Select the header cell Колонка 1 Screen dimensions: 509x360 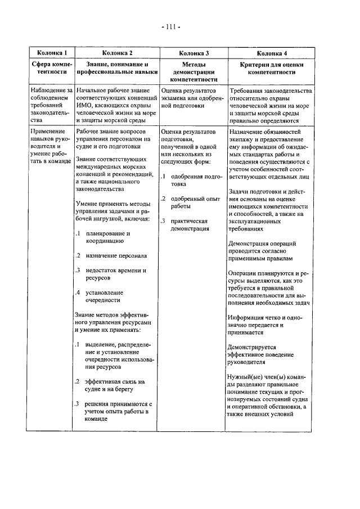(52, 53)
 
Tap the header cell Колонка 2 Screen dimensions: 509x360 (116, 53)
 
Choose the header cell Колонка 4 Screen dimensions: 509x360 (272, 53)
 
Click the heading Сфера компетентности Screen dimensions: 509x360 (52, 70)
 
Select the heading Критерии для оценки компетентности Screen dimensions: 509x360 (272, 70)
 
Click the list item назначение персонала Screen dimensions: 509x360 (112, 255)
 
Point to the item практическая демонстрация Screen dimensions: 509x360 (189, 224)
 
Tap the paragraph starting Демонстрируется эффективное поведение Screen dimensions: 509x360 (256, 355)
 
